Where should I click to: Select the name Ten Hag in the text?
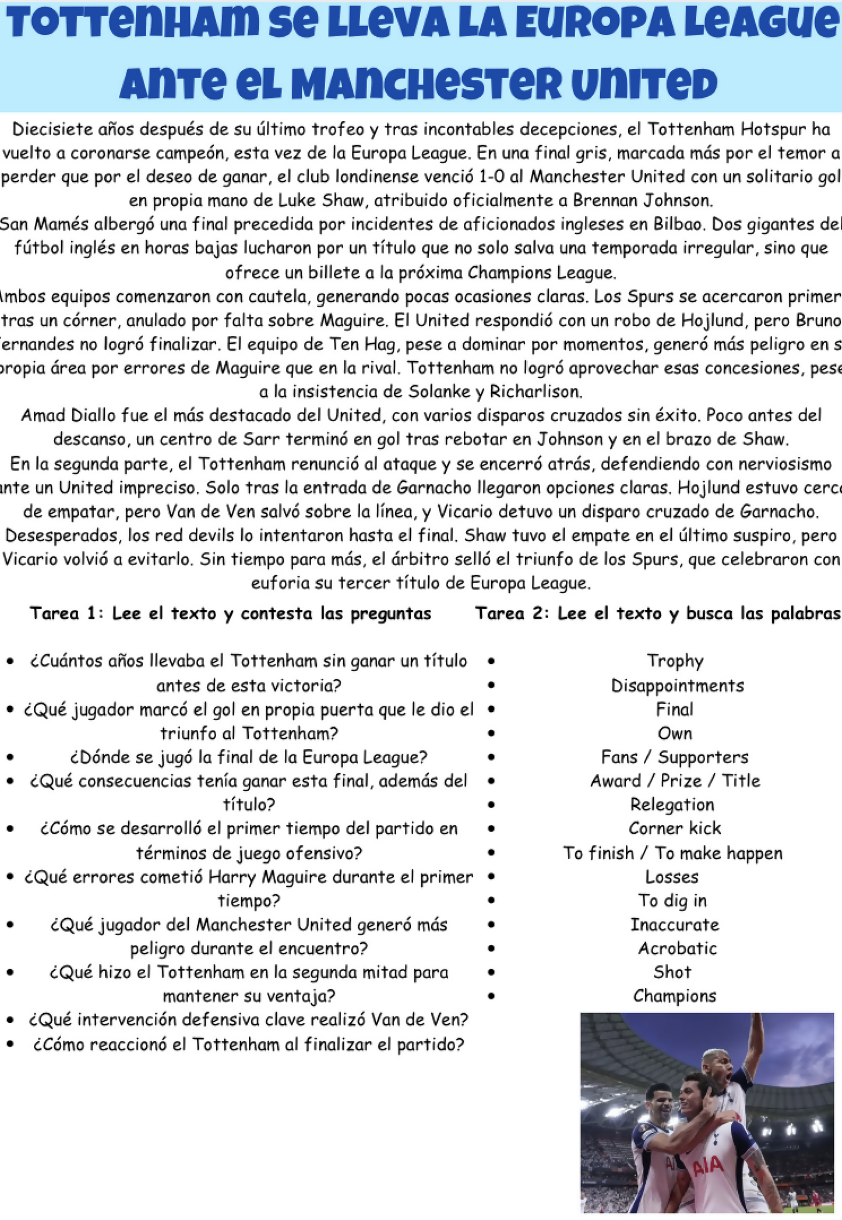click(x=364, y=344)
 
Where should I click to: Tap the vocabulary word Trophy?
click(x=675, y=661)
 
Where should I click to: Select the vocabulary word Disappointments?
click(x=677, y=686)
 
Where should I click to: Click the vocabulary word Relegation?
click(x=672, y=805)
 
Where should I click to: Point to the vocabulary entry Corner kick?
click(x=675, y=828)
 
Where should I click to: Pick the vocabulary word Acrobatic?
click(x=677, y=949)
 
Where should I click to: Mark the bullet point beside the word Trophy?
click(x=491, y=662)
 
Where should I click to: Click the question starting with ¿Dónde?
click(x=249, y=757)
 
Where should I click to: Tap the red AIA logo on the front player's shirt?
click(x=708, y=1165)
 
